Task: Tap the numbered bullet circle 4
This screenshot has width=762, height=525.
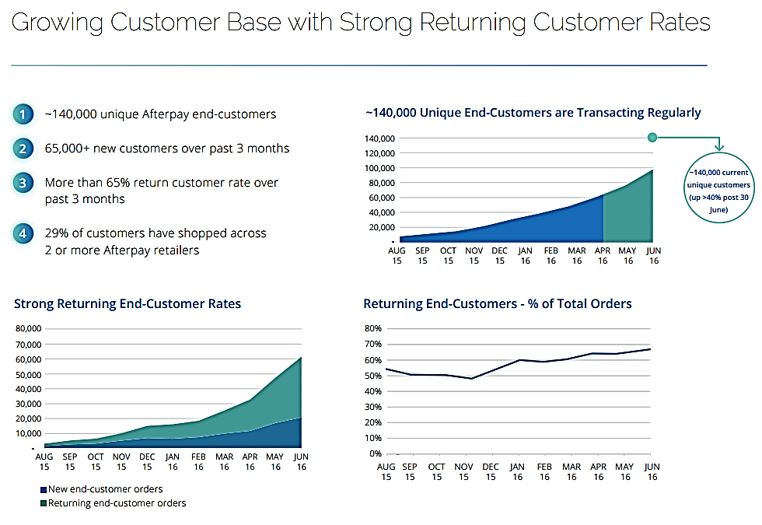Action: [x=23, y=233]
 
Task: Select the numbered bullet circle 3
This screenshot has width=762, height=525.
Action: [x=23, y=184]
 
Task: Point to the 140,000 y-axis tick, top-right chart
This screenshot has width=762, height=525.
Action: [x=380, y=138]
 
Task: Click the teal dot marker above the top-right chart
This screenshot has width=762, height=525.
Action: [x=652, y=138]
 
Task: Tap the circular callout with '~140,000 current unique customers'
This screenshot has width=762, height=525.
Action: [x=718, y=187]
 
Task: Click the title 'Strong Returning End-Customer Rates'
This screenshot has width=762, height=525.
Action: [x=128, y=304]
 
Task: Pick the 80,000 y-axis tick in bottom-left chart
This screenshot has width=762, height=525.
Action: [x=30, y=329]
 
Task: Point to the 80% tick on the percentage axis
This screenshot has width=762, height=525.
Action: [x=372, y=329]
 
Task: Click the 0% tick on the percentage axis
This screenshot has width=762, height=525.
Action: [x=375, y=453]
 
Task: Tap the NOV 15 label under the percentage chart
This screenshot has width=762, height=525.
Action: [x=464, y=472]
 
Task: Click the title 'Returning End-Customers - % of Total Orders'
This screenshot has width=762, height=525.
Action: [x=498, y=304]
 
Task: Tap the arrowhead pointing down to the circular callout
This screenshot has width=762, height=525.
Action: [x=720, y=147]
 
